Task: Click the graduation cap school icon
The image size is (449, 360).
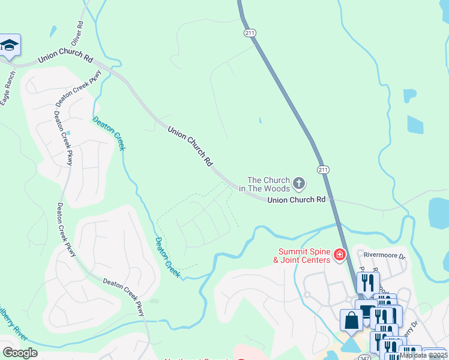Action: (x=10, y=46)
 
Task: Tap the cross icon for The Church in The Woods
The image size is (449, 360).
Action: (x=299, y=183)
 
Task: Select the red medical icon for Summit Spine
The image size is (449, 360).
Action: (x=340, y=256)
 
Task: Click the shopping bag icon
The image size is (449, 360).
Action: (x=351, y=320)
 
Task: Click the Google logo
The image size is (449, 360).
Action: (x=20, y=353)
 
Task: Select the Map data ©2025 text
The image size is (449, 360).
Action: (x=423, y=355)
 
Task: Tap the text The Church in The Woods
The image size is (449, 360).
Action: (x=269, y=184)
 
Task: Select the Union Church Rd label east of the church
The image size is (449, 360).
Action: (x=296, y=199)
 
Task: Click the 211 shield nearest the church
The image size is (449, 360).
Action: (x=324, y=170)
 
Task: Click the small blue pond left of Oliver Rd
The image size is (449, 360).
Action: (x=54, y=31)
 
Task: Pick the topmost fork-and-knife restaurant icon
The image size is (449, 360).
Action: (x=367, y=282)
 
